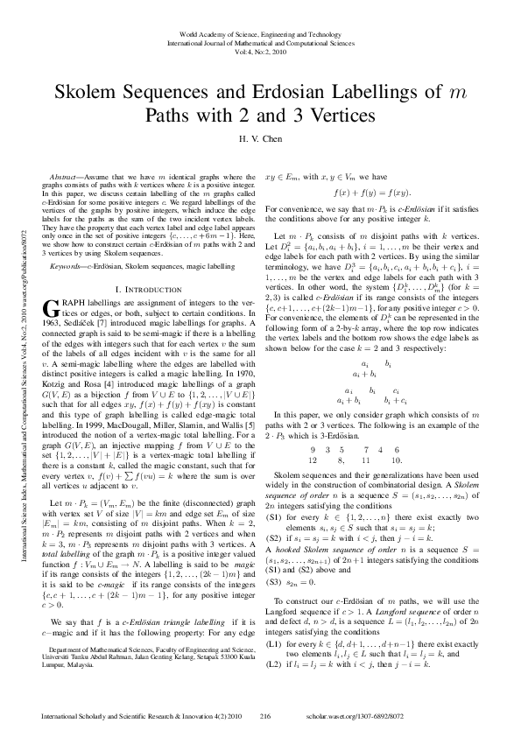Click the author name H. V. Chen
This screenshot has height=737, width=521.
tap(260, 138)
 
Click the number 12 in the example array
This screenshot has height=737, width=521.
tap(312, 459)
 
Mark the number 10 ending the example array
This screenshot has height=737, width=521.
tap(397, 459)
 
